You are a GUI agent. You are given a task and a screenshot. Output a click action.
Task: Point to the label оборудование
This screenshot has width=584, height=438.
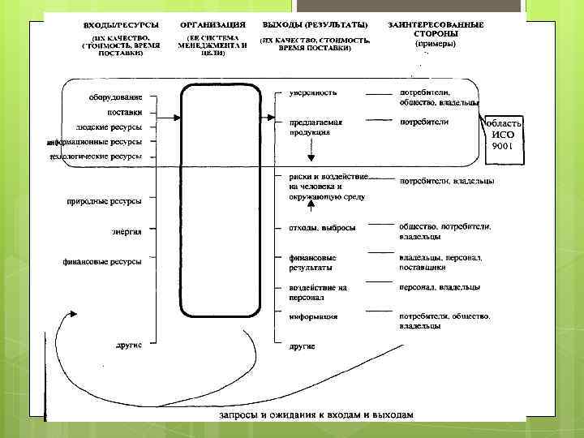(117, 98)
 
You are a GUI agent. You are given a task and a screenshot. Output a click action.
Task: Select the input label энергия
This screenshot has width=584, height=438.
(127, 231)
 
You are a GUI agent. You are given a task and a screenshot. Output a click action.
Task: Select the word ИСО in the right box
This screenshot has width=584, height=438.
(504, 135)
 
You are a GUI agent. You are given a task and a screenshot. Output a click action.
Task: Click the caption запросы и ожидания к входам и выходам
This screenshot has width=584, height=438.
(316, 414)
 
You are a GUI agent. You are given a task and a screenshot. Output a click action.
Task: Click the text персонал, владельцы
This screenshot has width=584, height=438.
(439, 287)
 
